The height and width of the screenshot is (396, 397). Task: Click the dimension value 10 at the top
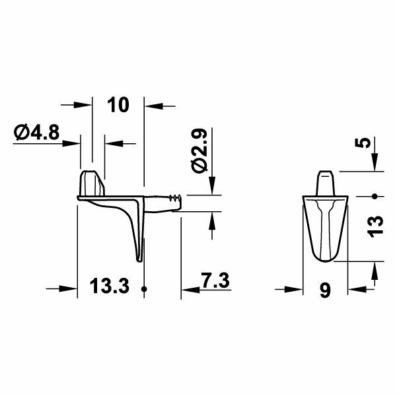pos(117,105)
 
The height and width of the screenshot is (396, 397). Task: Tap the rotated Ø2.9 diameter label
pos(199,151)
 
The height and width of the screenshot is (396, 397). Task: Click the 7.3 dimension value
pos(212,281)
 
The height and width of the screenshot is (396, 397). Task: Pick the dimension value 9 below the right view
pos(324,290)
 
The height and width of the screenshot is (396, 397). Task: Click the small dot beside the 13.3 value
pos(143,288)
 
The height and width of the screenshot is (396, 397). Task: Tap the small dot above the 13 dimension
pos(374,196)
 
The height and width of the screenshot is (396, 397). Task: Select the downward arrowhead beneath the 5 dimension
pos(374,164)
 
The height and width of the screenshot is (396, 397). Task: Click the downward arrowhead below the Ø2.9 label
pos(212,186)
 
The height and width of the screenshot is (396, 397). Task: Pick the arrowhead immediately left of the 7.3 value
pos(189,288)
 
